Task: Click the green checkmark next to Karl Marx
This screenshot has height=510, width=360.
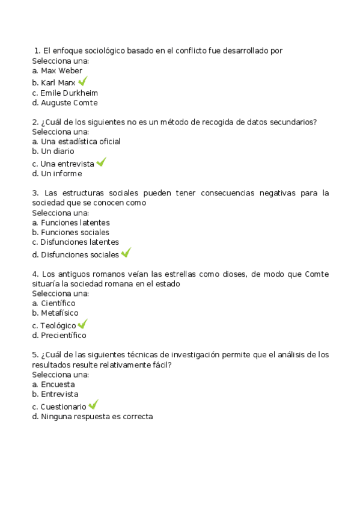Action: point(83,81)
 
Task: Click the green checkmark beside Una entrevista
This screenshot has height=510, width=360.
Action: point(101,162)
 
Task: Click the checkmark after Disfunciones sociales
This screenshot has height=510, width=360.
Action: point(126,253)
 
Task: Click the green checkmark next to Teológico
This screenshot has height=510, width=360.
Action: point(83,324)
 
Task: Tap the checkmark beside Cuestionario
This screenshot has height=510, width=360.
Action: point(93,405)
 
